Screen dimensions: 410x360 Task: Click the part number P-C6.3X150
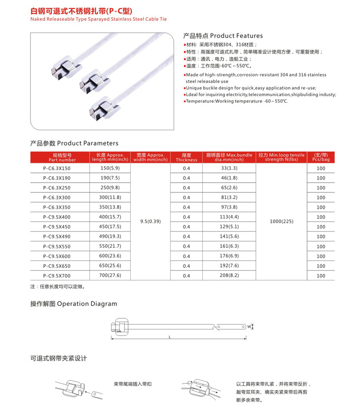pos(57,168)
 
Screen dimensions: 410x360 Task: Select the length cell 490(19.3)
pos(109,236)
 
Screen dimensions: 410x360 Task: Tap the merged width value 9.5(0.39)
pos(150,222)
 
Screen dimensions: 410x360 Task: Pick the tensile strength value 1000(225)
pos(282,222)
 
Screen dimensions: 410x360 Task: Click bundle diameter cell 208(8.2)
pos(229,275)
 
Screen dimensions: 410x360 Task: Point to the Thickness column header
pos(186,157)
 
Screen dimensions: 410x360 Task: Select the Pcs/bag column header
pos(321,157)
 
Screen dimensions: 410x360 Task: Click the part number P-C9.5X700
pos(57,275)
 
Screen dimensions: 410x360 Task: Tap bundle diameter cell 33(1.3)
pos(229,168)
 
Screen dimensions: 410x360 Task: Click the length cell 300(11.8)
pos(109,197)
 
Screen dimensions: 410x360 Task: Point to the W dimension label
pos(249,327)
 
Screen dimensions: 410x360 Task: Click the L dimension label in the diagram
pos(169,337)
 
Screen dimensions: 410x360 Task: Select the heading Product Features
pos(223,36)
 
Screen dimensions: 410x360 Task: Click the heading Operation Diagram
pos(73,304)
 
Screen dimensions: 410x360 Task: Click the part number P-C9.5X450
pos(57,226)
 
